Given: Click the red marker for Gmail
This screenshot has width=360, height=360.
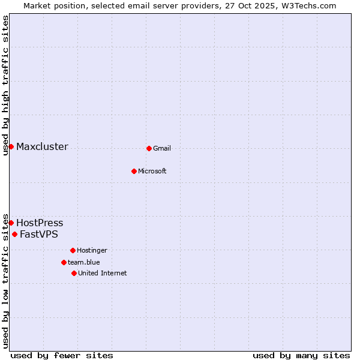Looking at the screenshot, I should click(x=149, y=148).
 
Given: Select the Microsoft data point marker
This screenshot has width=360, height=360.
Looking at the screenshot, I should click(x=134, y=171).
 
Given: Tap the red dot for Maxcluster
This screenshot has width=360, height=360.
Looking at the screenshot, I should click(x=11, y=146).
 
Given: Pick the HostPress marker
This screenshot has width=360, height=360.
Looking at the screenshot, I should click(x=11, y=223).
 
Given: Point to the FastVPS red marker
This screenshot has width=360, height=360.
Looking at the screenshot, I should click(x=14, y=234).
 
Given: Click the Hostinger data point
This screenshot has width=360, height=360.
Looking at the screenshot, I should click(x=73, y=250).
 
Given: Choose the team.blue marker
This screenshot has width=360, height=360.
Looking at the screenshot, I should click(x=64, y=262).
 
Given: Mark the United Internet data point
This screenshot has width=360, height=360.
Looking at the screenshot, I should click(x=74, y=273).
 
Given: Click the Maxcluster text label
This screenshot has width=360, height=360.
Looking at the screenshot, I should click(x=42, y=147).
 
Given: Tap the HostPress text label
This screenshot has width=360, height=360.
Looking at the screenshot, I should click(x=40, y=223).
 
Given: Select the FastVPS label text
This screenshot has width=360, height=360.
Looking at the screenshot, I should click(x=39, y=235).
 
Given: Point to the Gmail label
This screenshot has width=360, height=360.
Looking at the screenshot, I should click(x=162, y=149).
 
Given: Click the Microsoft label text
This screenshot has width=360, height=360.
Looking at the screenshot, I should click(x=152, y=172).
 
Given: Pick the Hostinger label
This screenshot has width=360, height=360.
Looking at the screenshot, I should click(x=92, y=251).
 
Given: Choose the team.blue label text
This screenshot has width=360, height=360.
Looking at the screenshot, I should click(x=84, y=263).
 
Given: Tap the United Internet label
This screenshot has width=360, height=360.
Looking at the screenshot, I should click(x=103, y=274).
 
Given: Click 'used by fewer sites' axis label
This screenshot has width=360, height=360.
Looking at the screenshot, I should click(x=62, y=355).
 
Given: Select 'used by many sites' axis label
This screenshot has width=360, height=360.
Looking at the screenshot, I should click(x=301, y=355).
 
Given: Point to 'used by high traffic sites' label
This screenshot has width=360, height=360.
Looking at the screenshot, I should click(x=5, y=86).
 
